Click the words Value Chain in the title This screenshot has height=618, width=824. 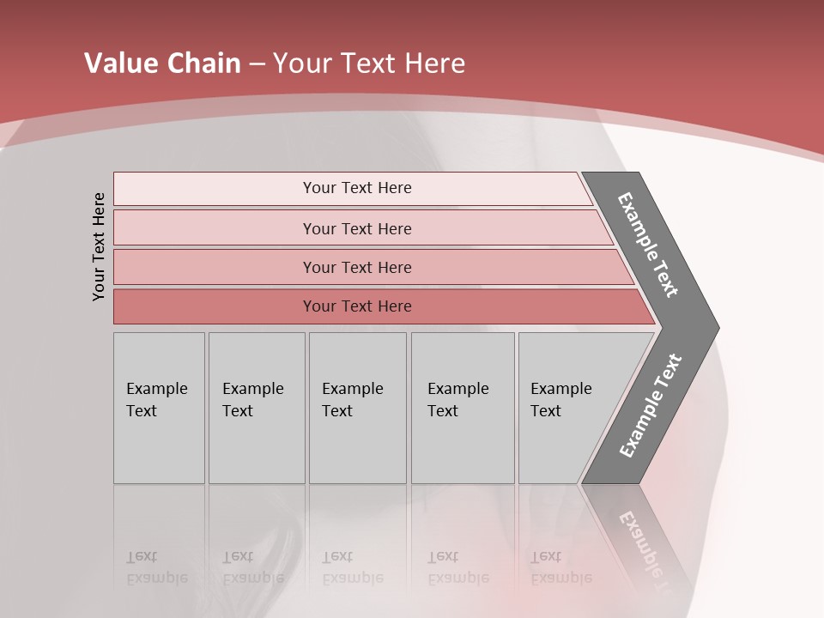pyautogui.click(x=162, y=64)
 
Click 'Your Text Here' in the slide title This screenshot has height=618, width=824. pyautogui.click(x=369, y=64)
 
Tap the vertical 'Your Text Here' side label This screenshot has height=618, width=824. pyautogui.click(x=99, y=246)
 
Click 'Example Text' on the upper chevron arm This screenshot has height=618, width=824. pyautogui.click(x=648, y=245)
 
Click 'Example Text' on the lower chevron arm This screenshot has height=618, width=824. pyautogui.click(x=651, y=406)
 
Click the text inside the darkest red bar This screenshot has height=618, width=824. pyautogui.click(x=357, y=306)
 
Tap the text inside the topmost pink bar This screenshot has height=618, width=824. pyautogui.click(x=357, y=188)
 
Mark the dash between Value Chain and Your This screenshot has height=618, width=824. pyautogui.click(x=257, y=64)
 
